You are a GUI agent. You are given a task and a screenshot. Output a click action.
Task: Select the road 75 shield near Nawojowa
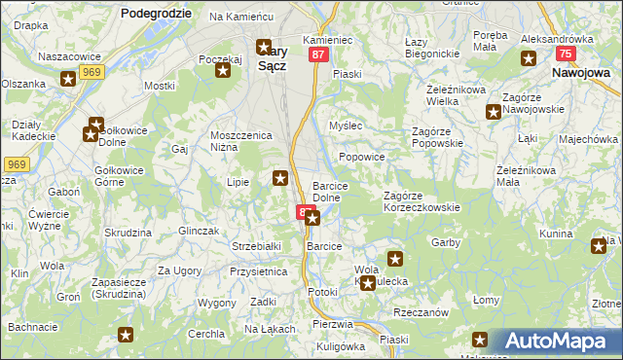[x=565, y=55]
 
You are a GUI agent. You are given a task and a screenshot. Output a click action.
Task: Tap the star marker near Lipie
[x=280, y=177]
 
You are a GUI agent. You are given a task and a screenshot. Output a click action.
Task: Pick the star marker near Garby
[x=395, y=258]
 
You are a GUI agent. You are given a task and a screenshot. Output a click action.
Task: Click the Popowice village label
[x=362, y=157]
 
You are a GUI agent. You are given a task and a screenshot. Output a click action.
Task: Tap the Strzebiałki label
[x=256, y=246]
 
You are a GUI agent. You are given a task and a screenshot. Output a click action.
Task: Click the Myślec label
[x=346, y=126]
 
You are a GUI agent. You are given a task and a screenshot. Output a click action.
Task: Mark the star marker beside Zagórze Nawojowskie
[x=492, y=110]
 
